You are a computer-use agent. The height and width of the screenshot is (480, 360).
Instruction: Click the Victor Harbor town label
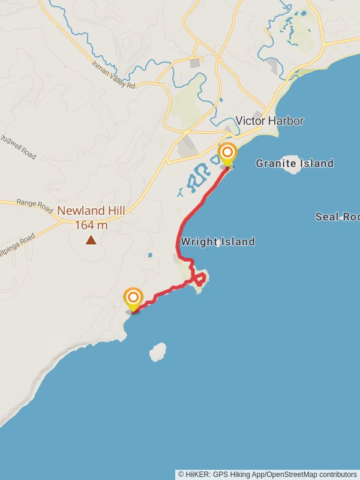(269, 121)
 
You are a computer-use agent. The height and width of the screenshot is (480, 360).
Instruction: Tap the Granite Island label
(295, 163)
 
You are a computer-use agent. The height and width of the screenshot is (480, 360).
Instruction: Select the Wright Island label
(218, 242)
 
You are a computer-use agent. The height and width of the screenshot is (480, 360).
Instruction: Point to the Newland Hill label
(91, 211)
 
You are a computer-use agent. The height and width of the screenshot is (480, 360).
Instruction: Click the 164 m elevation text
(91, 225)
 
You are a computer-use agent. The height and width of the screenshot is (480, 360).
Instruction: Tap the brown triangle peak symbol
(91, 240)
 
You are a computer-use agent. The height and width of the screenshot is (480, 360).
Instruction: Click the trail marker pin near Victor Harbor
(227, 154)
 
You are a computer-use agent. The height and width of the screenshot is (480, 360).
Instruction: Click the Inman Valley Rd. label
(114, 76)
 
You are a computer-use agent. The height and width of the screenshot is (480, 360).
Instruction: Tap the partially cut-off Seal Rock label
(337, 217)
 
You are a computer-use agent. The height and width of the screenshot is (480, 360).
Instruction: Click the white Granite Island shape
(292, 166)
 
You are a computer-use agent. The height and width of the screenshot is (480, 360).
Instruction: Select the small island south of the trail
(158, 352)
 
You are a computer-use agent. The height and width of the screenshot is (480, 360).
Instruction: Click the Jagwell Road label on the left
(19, 148)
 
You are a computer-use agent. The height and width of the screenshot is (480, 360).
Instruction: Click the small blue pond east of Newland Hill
(149, 255)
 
